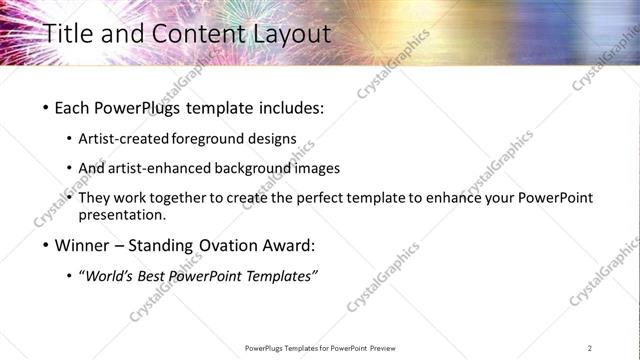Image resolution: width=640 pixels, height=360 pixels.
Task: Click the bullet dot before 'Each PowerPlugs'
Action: [46, 107]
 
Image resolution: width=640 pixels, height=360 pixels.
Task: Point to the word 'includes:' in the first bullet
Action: [288, 107]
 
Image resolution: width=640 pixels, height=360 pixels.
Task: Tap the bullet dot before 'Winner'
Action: [46, 245]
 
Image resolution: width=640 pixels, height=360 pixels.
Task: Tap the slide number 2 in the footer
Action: [590, 348]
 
